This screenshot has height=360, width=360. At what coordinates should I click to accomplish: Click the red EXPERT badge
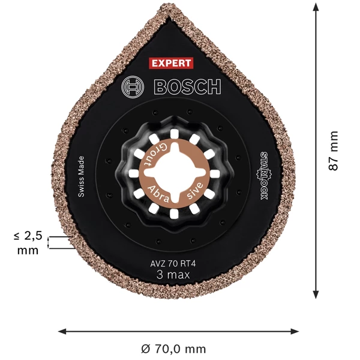click(x=171, y=63)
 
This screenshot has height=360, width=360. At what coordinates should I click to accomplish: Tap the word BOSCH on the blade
click(x=188, y=86)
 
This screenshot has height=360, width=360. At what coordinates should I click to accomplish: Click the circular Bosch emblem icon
click(x=133, y=87)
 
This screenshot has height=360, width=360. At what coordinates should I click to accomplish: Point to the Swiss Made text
click(x=81, y=176)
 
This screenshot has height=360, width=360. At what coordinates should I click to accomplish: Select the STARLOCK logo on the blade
click(x=264, y=176)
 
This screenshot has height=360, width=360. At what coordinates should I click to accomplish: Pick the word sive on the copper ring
click(x=195, y=190)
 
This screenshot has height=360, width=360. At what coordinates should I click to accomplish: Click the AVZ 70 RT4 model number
click(x=173, y=263)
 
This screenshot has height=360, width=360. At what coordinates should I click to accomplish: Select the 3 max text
click(x=173, y=275)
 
